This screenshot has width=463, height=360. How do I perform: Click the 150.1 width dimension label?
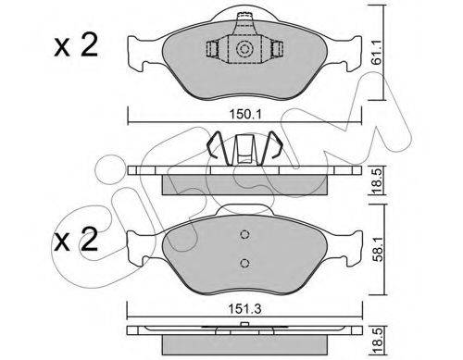tap(245, 115)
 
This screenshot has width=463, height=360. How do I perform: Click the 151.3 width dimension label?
tap(245, 309)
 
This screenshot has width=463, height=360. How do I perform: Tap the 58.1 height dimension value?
tap(378, 249)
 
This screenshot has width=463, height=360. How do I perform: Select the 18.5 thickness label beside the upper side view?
tap(377, 180)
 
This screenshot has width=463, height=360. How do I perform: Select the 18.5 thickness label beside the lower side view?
tap(377, 341)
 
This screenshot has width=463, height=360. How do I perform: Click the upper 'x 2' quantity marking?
tap(76, 45)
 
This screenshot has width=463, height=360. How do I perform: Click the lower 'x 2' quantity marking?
tap(76, 240)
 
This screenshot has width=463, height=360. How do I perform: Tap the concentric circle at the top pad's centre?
tap(244, 49)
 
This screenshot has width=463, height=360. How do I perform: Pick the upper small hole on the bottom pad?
tap(244, 235)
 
